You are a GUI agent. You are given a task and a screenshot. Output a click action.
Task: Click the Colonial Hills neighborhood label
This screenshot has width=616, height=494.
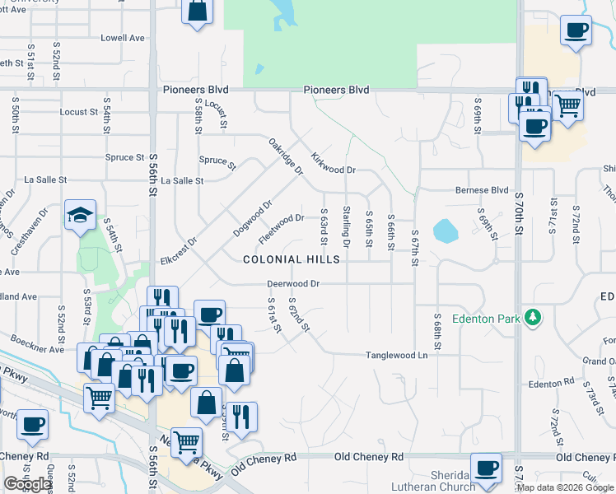click(x=292, y=259)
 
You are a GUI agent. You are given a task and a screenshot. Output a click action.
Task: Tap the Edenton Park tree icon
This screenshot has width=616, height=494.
click(x=533, y=317)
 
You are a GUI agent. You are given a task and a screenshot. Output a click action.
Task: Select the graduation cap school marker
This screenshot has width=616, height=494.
click(x=81, y=216)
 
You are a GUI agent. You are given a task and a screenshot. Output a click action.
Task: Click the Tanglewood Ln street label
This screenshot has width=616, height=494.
click(x=397, y=356)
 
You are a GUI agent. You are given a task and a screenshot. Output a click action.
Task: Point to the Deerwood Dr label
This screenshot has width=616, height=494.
click(x=292, y=284)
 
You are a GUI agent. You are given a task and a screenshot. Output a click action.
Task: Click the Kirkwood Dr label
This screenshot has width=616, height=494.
click(x=333, y=163)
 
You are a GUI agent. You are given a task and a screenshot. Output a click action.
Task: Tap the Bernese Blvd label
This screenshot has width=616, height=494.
click(x=482, y=190)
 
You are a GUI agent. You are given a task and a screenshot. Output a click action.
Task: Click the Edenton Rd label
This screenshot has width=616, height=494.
click(x=551, y=384)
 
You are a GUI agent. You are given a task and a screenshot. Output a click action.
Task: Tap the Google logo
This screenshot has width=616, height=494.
click(x=28, y=484)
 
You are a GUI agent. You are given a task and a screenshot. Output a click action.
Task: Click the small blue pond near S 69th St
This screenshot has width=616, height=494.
click(x=446, y=230)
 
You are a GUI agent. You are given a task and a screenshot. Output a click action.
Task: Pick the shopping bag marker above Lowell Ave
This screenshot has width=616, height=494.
click(x=198, y=12)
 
